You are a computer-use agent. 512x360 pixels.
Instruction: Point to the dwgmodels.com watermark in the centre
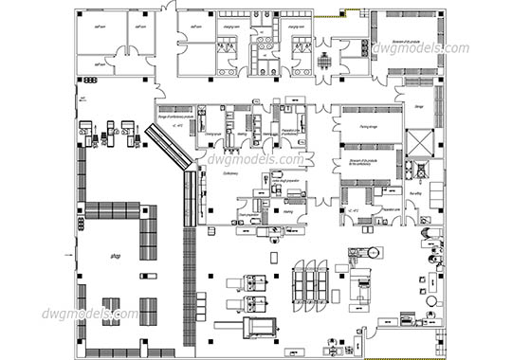point(252,161)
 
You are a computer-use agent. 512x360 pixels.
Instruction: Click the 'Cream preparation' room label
point(250,216)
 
